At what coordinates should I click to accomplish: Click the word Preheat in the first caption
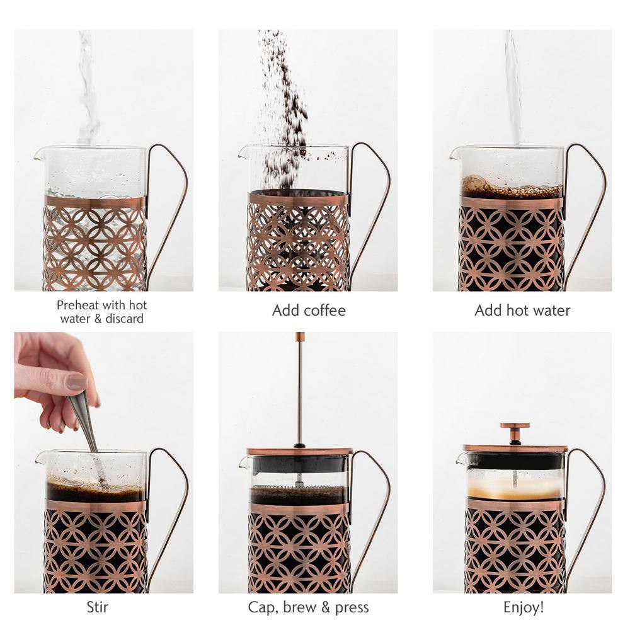click(78, 306)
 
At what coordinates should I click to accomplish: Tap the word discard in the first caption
click(124, 319)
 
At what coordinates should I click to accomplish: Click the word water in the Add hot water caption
click(552, 311)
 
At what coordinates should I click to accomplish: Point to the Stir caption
click(97, 607)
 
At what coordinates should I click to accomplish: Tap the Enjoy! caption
click(524, 607)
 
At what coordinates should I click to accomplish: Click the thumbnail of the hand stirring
click(104, 462)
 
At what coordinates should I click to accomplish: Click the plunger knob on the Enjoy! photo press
click(515, 425)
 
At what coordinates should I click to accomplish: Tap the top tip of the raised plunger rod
click(300, 333)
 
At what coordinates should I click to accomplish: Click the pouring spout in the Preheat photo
click(40, 154)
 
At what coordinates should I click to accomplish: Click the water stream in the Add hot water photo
click(513, 88)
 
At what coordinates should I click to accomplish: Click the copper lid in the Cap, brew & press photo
click(300, 451)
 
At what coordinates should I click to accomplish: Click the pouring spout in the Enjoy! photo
click(462, 459)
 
